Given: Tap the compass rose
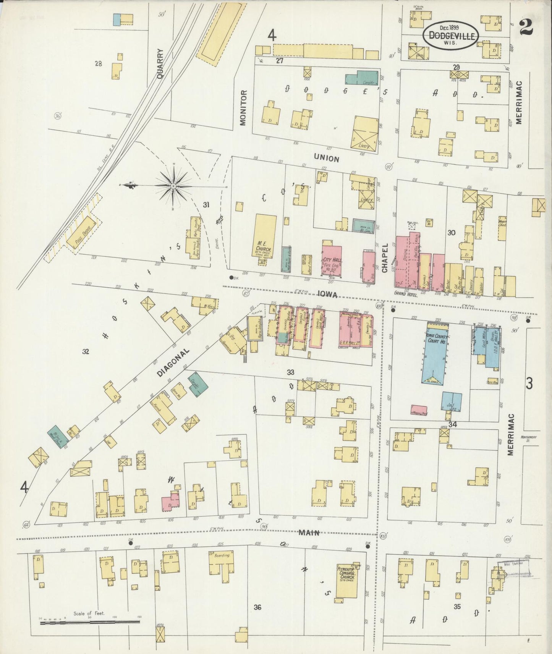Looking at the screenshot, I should click(173, 186).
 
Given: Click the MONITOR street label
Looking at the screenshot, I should click(243, 108).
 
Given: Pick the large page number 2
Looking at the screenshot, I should click(527, 28).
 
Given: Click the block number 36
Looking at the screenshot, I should click(257, 607).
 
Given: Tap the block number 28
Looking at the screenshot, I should click(99, 64).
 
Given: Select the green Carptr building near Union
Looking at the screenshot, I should click(361, 78).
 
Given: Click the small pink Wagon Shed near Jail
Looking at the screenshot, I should click(419, 410).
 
